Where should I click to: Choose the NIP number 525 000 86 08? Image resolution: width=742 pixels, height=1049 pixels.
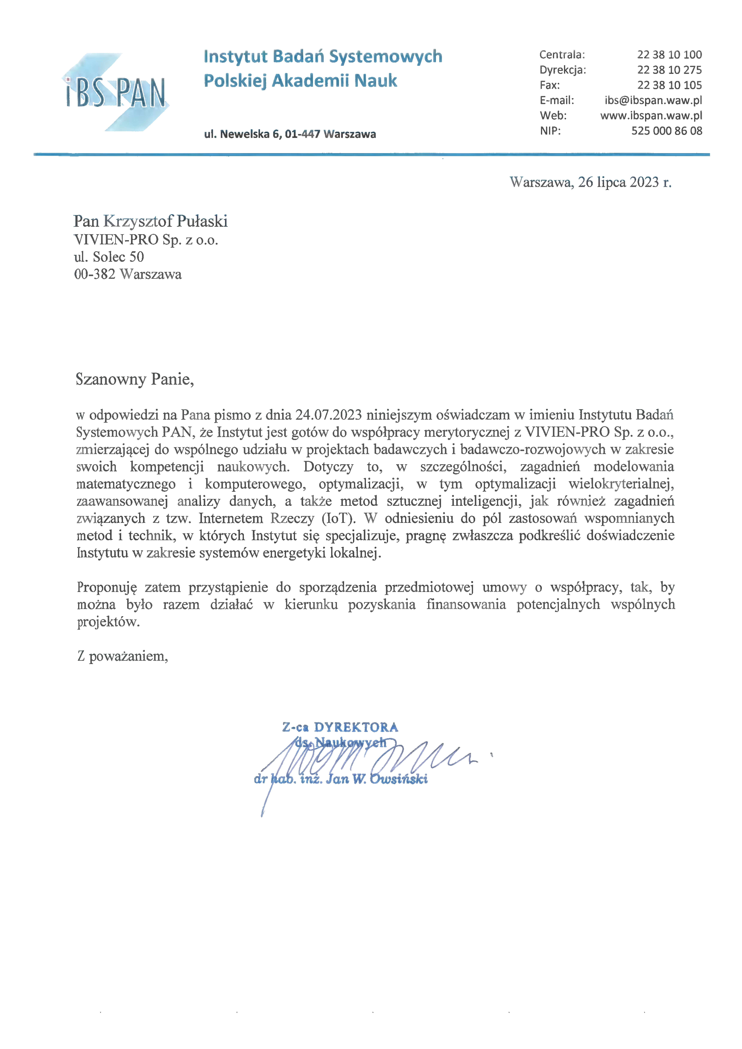pos(666,131)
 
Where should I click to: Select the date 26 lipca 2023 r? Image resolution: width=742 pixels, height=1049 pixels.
pos(624,182)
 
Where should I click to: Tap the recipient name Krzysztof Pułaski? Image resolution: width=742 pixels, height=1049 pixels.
pos(165,221)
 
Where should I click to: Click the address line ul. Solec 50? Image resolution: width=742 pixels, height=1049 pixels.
pos(109,257)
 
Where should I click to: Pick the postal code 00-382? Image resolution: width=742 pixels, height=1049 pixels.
pos(95,274)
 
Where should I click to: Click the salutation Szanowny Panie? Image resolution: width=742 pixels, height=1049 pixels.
pos(135,379)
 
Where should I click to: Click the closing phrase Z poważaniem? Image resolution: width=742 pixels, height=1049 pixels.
pos(123,657)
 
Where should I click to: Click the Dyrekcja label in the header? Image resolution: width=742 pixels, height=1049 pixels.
pos(562,70)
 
